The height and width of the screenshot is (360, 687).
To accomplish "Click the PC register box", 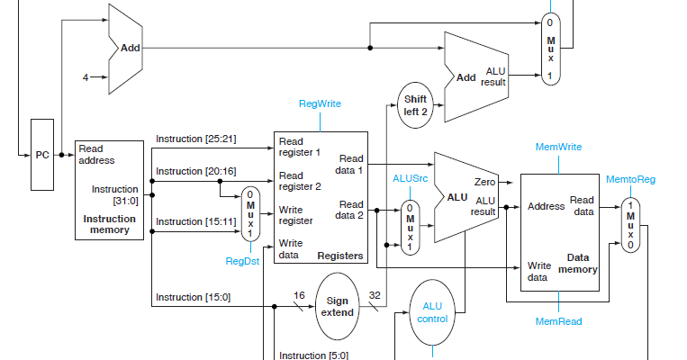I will (43, 155).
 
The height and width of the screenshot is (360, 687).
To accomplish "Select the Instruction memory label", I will (109, 224).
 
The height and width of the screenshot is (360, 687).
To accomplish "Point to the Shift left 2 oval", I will (417, 104).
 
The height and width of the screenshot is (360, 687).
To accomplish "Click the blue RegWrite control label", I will (320, 104).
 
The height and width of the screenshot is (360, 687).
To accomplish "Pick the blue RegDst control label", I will (243, 260).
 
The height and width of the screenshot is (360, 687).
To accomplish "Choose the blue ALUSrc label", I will (410, 178).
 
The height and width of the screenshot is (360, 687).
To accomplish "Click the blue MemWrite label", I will (558, 147).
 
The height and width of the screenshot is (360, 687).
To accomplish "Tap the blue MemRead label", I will (558, 321).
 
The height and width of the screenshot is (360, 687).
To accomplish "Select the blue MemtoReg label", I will (630, 180).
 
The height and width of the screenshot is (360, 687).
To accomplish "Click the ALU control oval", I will (432, 312).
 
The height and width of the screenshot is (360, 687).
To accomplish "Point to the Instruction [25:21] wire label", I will (195, 139).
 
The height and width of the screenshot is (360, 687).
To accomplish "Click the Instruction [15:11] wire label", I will (195, 221).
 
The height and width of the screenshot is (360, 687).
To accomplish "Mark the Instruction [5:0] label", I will (313, 355).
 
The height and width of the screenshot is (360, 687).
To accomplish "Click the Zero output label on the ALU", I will (485, 183).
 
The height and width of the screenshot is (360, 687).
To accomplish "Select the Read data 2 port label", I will (349, 210).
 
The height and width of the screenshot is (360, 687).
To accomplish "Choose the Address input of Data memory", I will (546, 206).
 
